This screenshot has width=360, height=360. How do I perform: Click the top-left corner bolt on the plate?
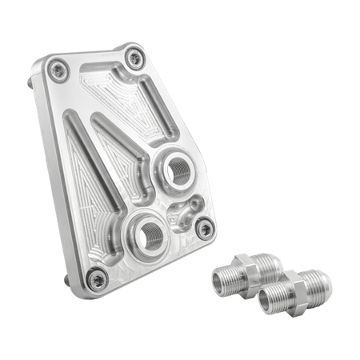(57, 70)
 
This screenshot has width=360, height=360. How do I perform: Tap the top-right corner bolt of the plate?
(134, 57)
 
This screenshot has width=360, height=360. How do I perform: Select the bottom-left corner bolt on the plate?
(98, 277)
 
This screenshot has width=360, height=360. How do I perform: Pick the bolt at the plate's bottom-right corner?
(206, 229)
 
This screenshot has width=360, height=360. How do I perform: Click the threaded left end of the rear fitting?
(223, 280)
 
